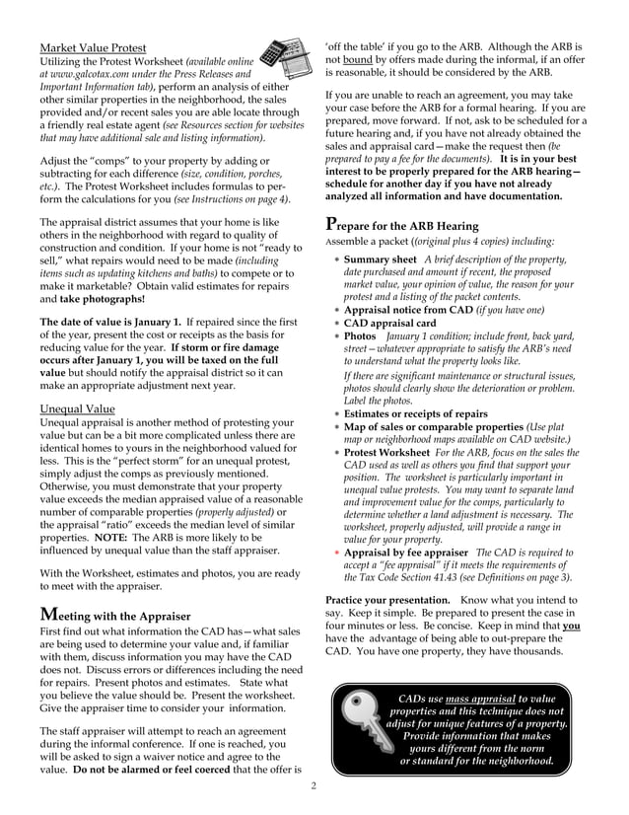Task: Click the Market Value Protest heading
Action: [93, 47]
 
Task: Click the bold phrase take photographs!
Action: [103, 298]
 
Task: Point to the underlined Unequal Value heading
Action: [77, 408]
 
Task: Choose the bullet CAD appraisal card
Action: [389, 323]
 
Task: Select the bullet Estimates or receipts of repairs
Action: [415, 414]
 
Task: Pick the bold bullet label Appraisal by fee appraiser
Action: [406, 553]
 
